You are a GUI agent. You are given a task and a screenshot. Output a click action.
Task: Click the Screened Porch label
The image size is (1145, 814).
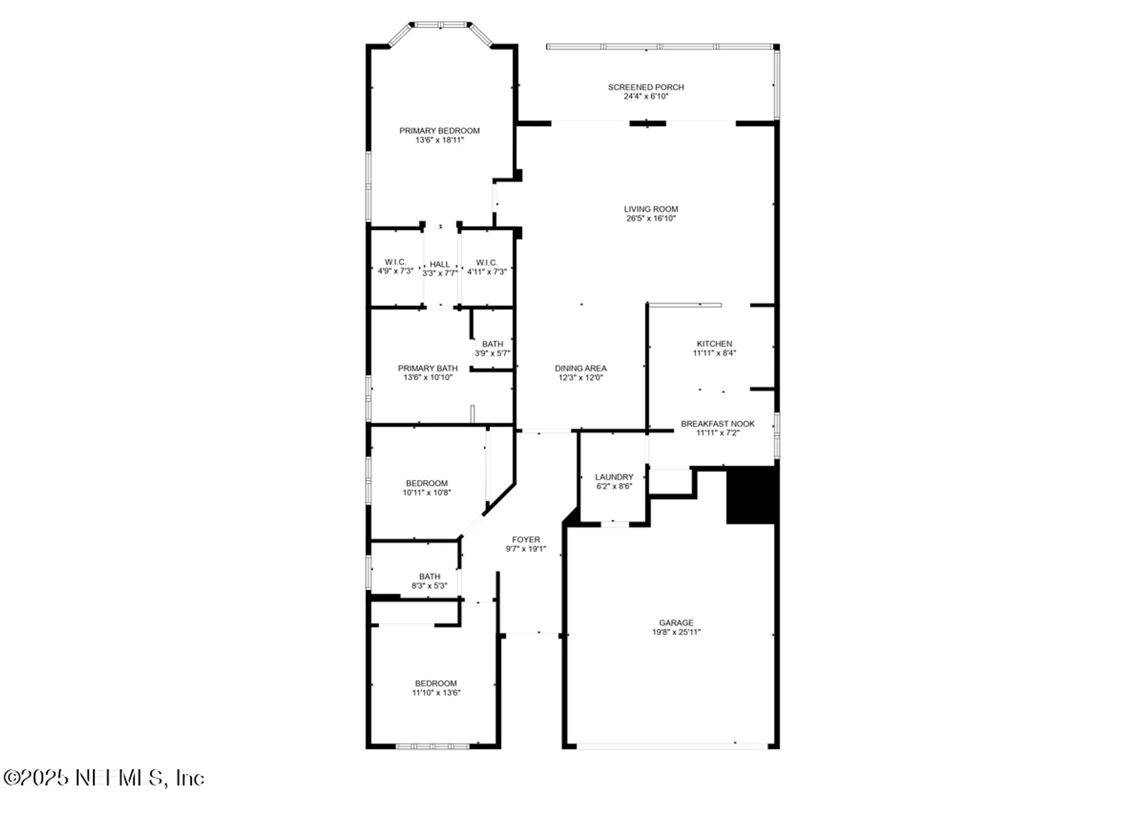pos(646,87)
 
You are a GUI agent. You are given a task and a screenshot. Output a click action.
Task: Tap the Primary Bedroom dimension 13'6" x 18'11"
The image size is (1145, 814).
pos(439,140)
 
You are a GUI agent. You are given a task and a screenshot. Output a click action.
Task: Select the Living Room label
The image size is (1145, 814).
pos(651,209)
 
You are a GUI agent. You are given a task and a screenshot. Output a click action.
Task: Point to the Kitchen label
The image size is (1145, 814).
pos(714,343)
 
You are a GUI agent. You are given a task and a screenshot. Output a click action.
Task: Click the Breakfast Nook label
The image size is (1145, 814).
pos(717,424)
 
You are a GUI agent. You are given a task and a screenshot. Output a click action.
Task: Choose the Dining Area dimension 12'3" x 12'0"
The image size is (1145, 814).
pos(581,378)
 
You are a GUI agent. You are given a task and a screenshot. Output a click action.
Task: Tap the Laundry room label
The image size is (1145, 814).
pos(614,477)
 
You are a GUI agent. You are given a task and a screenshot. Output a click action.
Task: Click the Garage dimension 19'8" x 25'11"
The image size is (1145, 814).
pos(676,632)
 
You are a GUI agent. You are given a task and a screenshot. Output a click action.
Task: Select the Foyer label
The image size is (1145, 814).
pos(526,539)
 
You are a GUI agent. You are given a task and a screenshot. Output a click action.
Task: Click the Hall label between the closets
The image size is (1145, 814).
pos(440,264)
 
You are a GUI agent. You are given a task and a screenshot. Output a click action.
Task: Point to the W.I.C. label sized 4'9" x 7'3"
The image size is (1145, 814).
pos(395,262)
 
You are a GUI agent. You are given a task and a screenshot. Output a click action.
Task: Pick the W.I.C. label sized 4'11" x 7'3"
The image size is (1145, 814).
pos(487,263)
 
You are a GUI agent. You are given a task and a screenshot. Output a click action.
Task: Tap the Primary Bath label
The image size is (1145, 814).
pos(428,368)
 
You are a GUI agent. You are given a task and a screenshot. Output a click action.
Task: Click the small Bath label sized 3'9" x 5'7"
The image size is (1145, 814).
pos(492,344)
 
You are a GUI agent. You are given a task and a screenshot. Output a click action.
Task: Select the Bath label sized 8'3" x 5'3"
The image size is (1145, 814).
pos(429,576)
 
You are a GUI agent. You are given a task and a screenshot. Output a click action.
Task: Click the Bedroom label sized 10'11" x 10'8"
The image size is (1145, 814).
pos(427,483)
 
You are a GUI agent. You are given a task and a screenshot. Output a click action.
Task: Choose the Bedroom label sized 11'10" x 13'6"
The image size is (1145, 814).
pos(436,683)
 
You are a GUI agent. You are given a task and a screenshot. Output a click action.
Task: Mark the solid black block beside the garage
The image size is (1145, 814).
pos(751,495)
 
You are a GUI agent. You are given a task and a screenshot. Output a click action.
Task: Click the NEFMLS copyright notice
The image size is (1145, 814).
pos(104,778)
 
